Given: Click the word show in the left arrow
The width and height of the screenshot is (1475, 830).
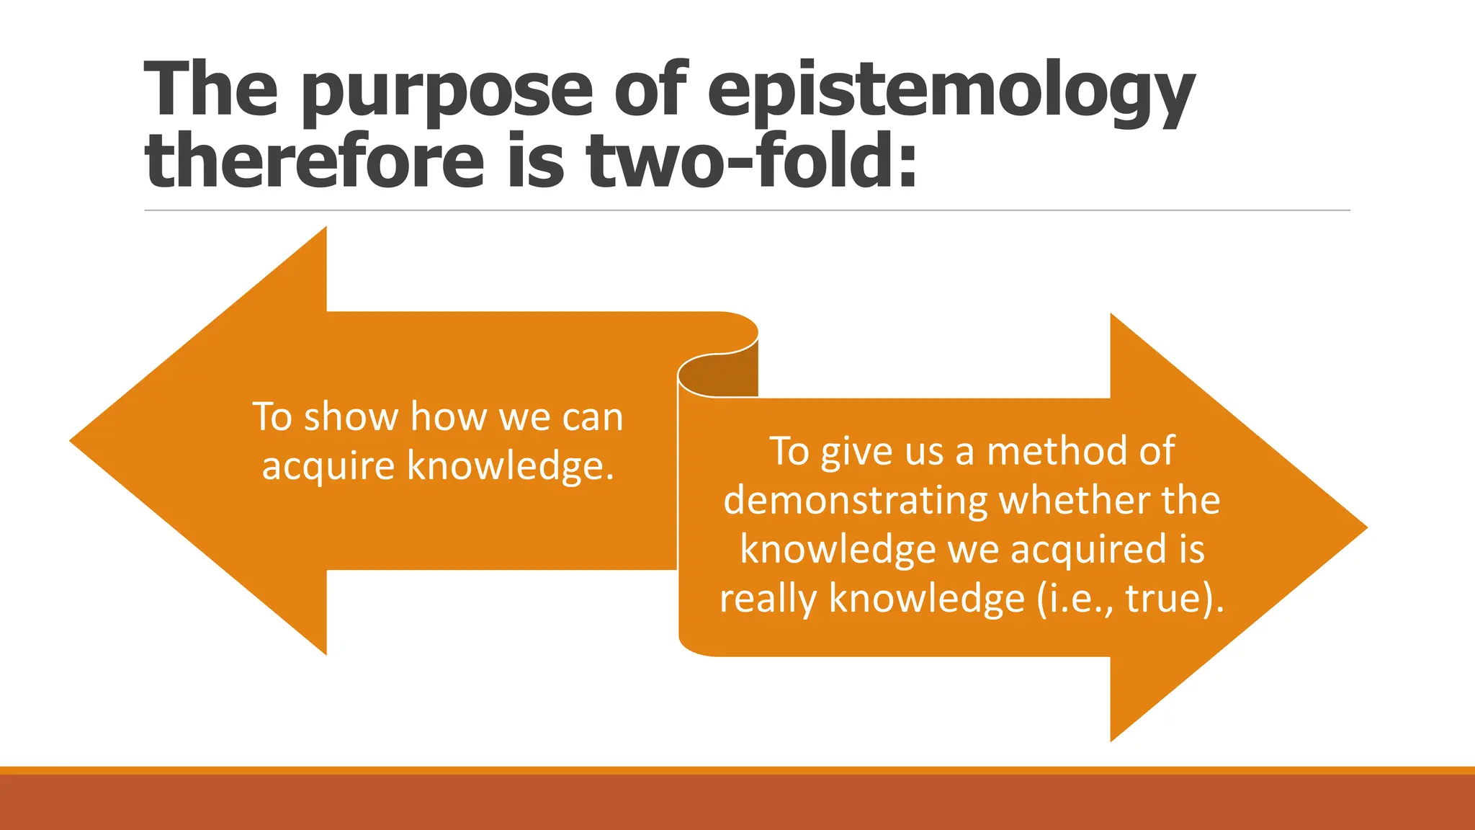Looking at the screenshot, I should point(351,417).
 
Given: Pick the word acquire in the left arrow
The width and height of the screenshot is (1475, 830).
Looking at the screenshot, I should point(328,466).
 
